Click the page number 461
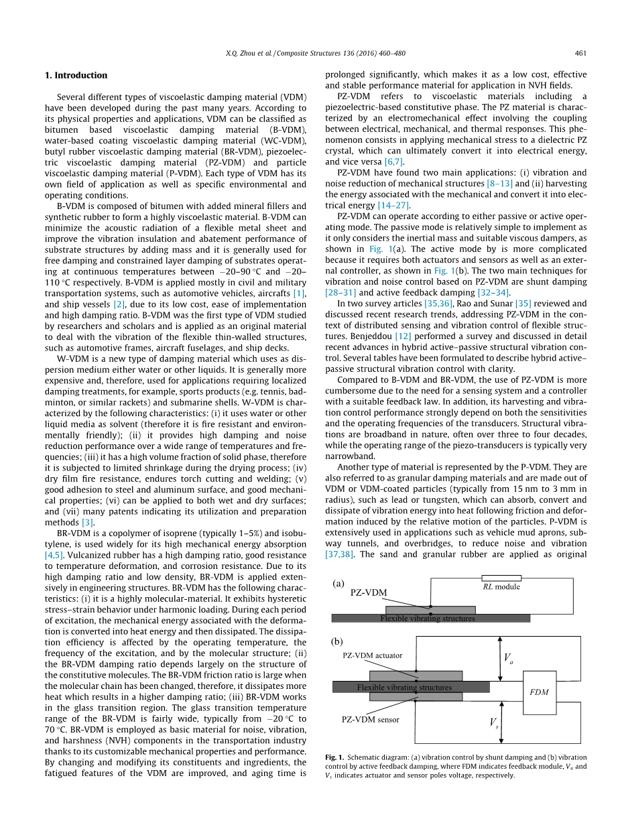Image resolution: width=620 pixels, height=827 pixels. (x=581, y=54)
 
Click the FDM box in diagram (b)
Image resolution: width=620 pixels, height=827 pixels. (x=539, y=692)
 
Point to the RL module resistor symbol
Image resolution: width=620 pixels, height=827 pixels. (x=501, y=578)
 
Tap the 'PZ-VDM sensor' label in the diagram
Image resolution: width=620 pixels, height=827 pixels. (x=370, y=720)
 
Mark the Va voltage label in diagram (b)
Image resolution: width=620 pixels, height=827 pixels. (x=508, y=658)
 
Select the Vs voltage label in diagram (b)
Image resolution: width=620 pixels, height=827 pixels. (x=493, y=724)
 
